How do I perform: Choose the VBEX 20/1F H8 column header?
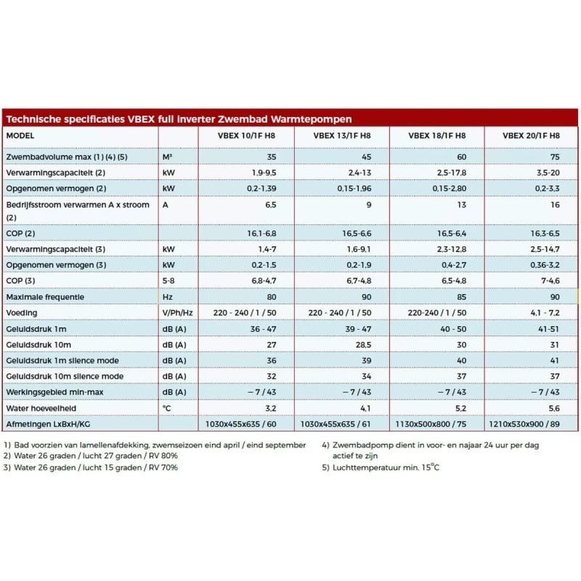(531, 136)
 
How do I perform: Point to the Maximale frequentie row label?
(45, 297)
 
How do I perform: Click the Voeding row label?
(21, 313)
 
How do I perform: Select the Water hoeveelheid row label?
(41, 408)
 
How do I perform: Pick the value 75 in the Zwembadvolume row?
(555, 156)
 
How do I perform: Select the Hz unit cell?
(168, 297)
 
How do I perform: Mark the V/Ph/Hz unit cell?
(177, 313)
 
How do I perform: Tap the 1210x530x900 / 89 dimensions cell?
(530, 424)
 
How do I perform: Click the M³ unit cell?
(168, 156)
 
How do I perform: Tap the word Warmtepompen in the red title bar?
(308, 119)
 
